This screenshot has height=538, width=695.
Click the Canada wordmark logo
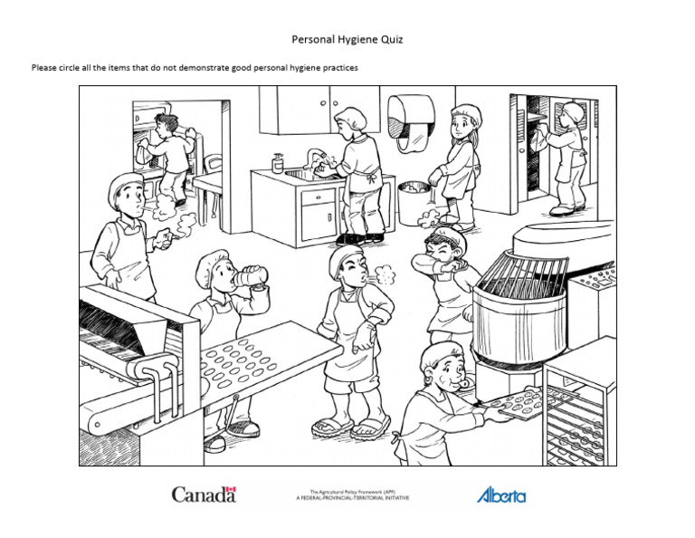pos(204,495)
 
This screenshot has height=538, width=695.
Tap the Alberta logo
pos(500,495)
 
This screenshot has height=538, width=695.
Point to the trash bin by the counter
pos(414,202)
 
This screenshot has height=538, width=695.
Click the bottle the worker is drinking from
pos(254,275)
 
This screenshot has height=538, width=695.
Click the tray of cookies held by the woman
pos(513,402)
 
